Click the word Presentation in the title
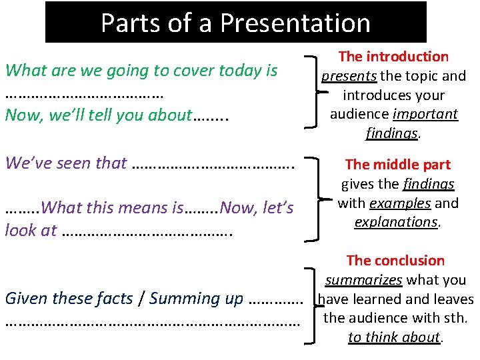295,23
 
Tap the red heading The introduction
393,57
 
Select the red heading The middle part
397,164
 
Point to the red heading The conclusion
395,260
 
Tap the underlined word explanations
395,221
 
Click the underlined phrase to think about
393,337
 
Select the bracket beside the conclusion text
311,305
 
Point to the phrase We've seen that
66,162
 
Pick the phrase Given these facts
69,298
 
